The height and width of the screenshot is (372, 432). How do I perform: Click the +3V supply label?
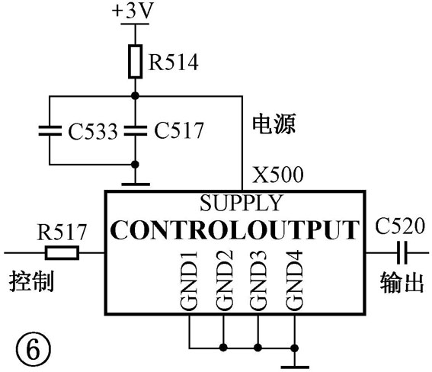133,11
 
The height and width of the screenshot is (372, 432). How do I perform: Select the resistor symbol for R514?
136,62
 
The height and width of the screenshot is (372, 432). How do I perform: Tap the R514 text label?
174,63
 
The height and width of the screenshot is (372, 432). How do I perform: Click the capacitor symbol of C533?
50,130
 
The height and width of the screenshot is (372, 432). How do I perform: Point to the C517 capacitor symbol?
136,130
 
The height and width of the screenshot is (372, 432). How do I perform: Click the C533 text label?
93,131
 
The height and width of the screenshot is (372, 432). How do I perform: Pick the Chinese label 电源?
274,123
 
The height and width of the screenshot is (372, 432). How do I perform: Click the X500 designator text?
278,175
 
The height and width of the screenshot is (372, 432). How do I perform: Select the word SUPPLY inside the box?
242,203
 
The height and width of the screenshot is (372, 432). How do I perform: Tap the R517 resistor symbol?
62,252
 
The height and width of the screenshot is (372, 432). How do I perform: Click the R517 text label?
62,232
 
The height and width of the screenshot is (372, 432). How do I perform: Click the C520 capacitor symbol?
402,252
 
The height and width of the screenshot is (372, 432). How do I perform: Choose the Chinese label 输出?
402,283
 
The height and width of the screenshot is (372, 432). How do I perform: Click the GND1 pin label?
189,281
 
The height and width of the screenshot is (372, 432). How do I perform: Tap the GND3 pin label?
258,281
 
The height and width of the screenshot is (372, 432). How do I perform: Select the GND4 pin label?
294,281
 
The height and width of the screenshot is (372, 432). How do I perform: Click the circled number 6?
33,350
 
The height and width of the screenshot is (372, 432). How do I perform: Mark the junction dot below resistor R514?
135,96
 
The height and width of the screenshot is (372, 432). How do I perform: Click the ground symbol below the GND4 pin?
295,367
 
